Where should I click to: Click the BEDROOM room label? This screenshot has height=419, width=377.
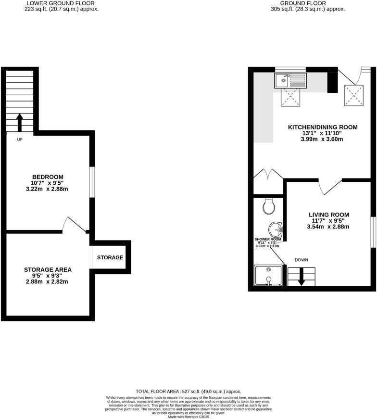click(x=47, y=177)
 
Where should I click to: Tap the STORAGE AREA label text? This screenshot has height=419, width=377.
click(x=47, y=269)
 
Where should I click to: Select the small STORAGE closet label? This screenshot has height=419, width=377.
click(x=110, y=257)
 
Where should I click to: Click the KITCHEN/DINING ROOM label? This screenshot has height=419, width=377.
click(x=323, y=127)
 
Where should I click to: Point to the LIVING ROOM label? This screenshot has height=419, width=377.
click(x=328, y=215)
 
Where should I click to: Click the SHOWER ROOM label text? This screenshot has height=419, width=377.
click(x=267, y=239)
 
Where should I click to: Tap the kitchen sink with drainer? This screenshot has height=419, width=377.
click(x=290, y=80)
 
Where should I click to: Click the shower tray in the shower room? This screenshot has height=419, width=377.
click(x=268, y=276)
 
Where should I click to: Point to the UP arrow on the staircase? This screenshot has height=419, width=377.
click(x=19, y=123)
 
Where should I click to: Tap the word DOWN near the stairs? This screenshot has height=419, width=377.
click(x=302, y=260)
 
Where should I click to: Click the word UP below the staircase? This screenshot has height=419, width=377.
click(x=20, y=140)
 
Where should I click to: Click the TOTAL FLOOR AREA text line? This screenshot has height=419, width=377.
click(x=188, y=392)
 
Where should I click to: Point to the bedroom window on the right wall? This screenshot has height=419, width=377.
click(x=92, y=182)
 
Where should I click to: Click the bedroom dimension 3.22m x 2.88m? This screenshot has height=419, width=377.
click(x=47, y=189)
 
